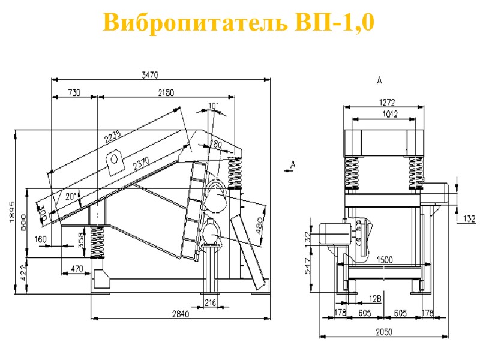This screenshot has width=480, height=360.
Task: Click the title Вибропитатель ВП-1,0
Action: point(239,23)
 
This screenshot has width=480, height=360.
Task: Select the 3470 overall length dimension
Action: point(149,75)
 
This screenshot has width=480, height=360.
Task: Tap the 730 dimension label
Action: point(74,92)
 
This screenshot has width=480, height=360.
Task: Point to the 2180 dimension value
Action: point(166,92)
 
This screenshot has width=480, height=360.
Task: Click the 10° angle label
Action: point(212,106)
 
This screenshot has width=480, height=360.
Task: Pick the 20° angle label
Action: point(71,196)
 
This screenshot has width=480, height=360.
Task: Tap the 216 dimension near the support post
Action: point(210,302)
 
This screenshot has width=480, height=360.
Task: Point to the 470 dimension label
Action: point(76,269)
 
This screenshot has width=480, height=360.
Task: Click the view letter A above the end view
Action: point(379,80)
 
